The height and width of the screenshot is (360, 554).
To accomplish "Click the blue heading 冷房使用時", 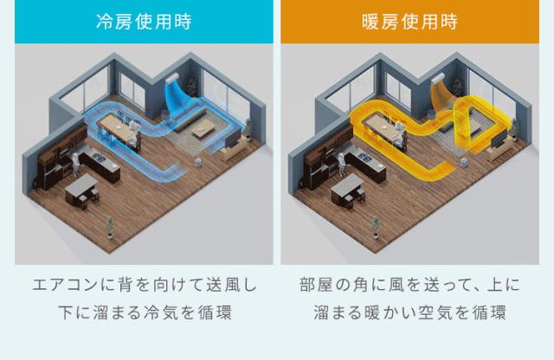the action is (x=144, y=22).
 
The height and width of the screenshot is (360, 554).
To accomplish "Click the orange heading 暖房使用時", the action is (x=409, y=22).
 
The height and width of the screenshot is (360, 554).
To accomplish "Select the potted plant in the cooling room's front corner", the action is (x=110, y=228).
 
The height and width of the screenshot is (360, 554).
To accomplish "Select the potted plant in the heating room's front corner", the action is (x=376, y=228).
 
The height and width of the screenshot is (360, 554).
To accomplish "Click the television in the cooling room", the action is (x=233, y=138).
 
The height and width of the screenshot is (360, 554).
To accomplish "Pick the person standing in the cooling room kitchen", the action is (x=75, y=164).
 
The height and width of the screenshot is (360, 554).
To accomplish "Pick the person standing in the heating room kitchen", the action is (x=341, y=164).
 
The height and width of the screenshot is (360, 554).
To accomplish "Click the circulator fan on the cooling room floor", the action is (x=198, y=162).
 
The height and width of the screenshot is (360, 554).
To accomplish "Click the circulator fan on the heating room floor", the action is (x=464, y=162).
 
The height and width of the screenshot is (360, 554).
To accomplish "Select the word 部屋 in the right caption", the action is (x=315, y=285).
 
